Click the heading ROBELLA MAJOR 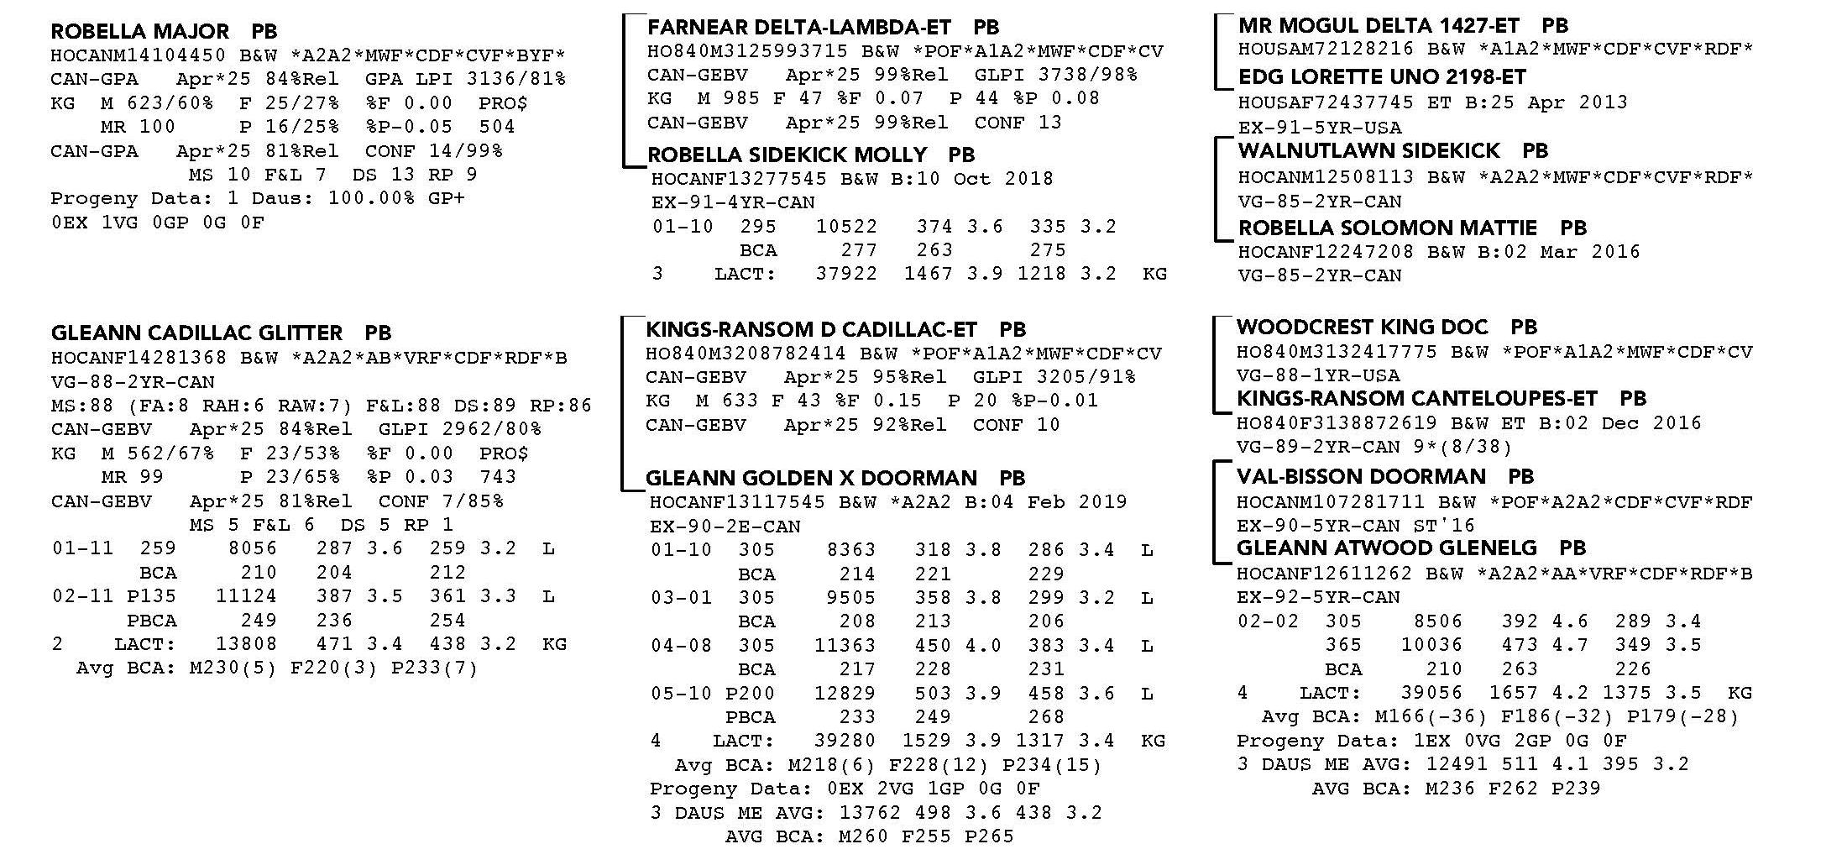click(x=139, y=32)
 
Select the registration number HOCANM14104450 click(x=138, y=55)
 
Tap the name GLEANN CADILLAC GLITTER click(x=196, y=333)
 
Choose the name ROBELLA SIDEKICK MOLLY click(x=787, y=155)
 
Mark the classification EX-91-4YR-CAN click(x=733, y=202)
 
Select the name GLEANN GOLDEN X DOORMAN click(x=810, y=479)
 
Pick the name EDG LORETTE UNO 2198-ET click(x=1381, y=77)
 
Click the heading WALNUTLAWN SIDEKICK click(x=1368, y=151)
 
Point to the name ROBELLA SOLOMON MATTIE click(x=1387, y=228)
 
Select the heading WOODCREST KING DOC click(x=1362, y=328)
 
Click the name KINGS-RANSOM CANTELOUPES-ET click(x=1416, y=399)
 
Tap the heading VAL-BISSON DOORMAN click(x=1361, y=477)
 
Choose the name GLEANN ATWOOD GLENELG click(x=1386, y=548)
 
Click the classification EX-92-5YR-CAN click(x=1318, y=598)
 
